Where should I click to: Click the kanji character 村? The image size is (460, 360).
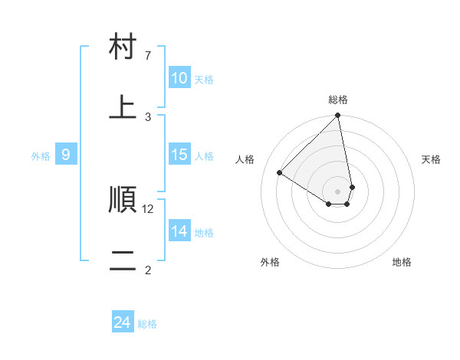[x=123, y=47]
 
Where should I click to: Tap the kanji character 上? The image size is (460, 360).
[x=123, y=108]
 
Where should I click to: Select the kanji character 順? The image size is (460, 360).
[x=123, y=201]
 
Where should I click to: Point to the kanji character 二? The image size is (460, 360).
[x=123, y=261]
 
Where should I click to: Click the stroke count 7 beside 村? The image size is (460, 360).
[x=148, y=56]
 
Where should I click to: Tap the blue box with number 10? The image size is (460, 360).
[x=179, y=78]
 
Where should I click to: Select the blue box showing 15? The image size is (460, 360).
[x=179, y=155]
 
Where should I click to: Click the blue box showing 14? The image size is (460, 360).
[x=179, y=231]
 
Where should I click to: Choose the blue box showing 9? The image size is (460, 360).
[x=66, y=155]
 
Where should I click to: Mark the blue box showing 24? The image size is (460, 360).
[x=123, y=322]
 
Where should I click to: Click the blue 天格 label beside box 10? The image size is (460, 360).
[x=204, y=80]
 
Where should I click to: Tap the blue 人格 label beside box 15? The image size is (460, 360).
[x=204, y=156]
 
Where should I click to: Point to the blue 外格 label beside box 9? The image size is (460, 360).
[x=41, y=156]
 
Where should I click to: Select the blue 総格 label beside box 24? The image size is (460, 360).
[x=147, y=324]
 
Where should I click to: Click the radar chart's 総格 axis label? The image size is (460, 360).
[x=338, y=100]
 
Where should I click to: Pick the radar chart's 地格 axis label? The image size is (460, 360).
[x=402, y=262]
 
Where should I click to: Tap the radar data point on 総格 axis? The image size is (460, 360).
[x=338, y=116]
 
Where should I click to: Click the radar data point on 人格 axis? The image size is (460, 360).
[x=280, y=172]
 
